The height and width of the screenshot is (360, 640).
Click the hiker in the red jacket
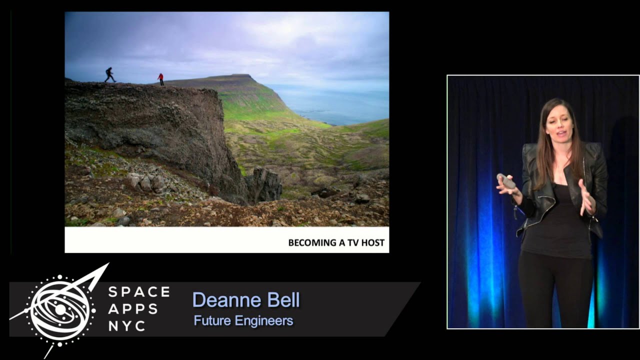pos(160,79)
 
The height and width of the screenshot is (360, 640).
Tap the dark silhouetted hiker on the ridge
pos(109,74)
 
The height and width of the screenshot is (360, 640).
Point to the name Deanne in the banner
pos(220,300)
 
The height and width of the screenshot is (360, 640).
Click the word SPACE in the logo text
pos(139,292)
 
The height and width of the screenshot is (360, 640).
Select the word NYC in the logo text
pos(127,326)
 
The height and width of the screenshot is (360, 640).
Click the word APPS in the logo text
pos(132,309)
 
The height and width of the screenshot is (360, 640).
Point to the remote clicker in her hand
pos(506,181)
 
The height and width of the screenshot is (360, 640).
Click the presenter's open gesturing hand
pos(586,197)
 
